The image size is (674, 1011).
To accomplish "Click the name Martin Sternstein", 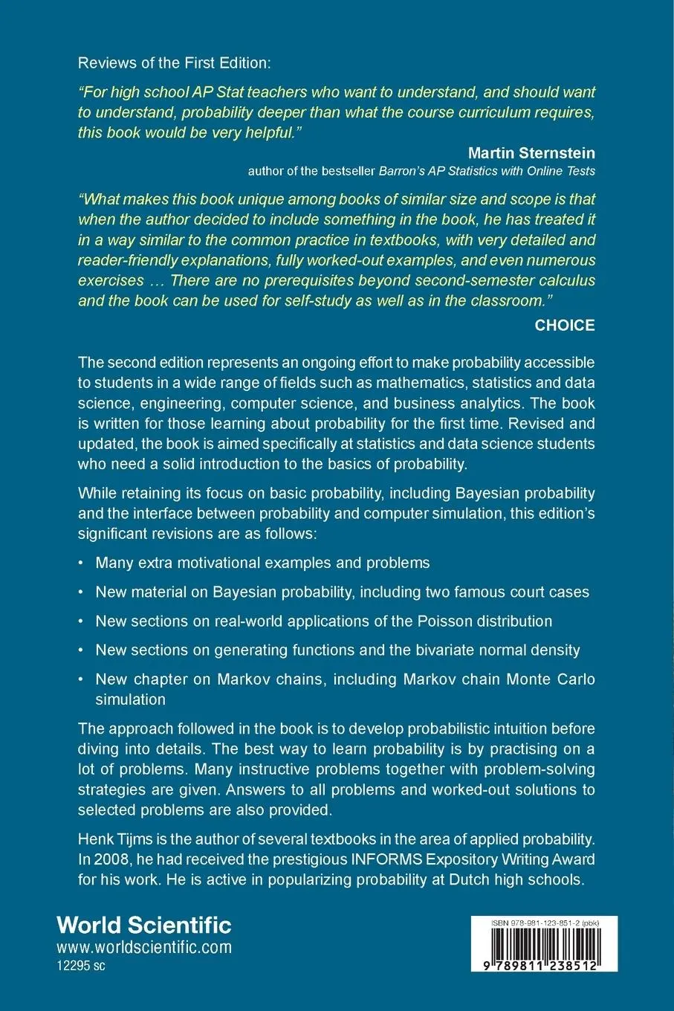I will pyautogui.click(x=531, y=153).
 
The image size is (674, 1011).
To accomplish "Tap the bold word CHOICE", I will pyautogui.click(x=565, y=325).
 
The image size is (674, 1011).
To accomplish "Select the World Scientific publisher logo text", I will pyautogui.click(x=144, y=925).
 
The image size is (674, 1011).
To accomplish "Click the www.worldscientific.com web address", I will pyautogui.click(x=144, y=947).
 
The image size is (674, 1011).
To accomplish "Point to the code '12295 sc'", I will pyautogui.click(x=81, y=966).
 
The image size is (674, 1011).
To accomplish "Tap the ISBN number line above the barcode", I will pyautogui.click(x=544, y=923).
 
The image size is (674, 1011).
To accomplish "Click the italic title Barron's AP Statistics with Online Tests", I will pyautogui.click(x=487, y=171).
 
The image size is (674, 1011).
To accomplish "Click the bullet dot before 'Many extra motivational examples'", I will pyautogui.click(x=81, y=563).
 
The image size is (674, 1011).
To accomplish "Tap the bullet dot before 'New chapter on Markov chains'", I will pyautogui.click(x=81, y=679).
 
